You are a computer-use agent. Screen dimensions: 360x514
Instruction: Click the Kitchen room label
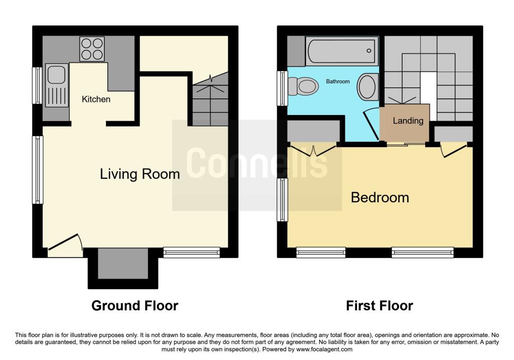pyautogui.click(x=96, y=99)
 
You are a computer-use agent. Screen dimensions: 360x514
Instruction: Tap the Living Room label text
pyautogui.click(x=140, y=174)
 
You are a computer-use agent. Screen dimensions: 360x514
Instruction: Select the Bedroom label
pyautogui.click(x=379, y=197)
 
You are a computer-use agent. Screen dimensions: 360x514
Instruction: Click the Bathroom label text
pyautogui.click(x=338, y=81)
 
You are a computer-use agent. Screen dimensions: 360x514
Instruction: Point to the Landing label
pyautogui.click(x=408, y=121)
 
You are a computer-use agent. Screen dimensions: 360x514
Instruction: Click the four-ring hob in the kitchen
pyautogui.click(x=93, y=49)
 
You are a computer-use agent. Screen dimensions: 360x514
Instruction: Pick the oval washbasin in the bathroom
pyautogui.click(x=368, y=87)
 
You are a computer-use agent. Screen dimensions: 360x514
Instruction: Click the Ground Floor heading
pyautogui.click(x=135, y=305)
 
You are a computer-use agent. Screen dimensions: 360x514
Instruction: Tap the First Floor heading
pyautogui.click(x=379, y=305)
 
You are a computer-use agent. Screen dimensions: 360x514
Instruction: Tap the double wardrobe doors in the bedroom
pyautogui.click(x=313, y=150)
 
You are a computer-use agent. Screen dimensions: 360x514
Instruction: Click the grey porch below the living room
pyautogui.click(x=122, y=264)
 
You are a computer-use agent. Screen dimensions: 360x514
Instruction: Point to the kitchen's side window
pyautogui.click(x=37, y=85)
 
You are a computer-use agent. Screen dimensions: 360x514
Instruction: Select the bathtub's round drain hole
pyautogui.click(x=369, y=51)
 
